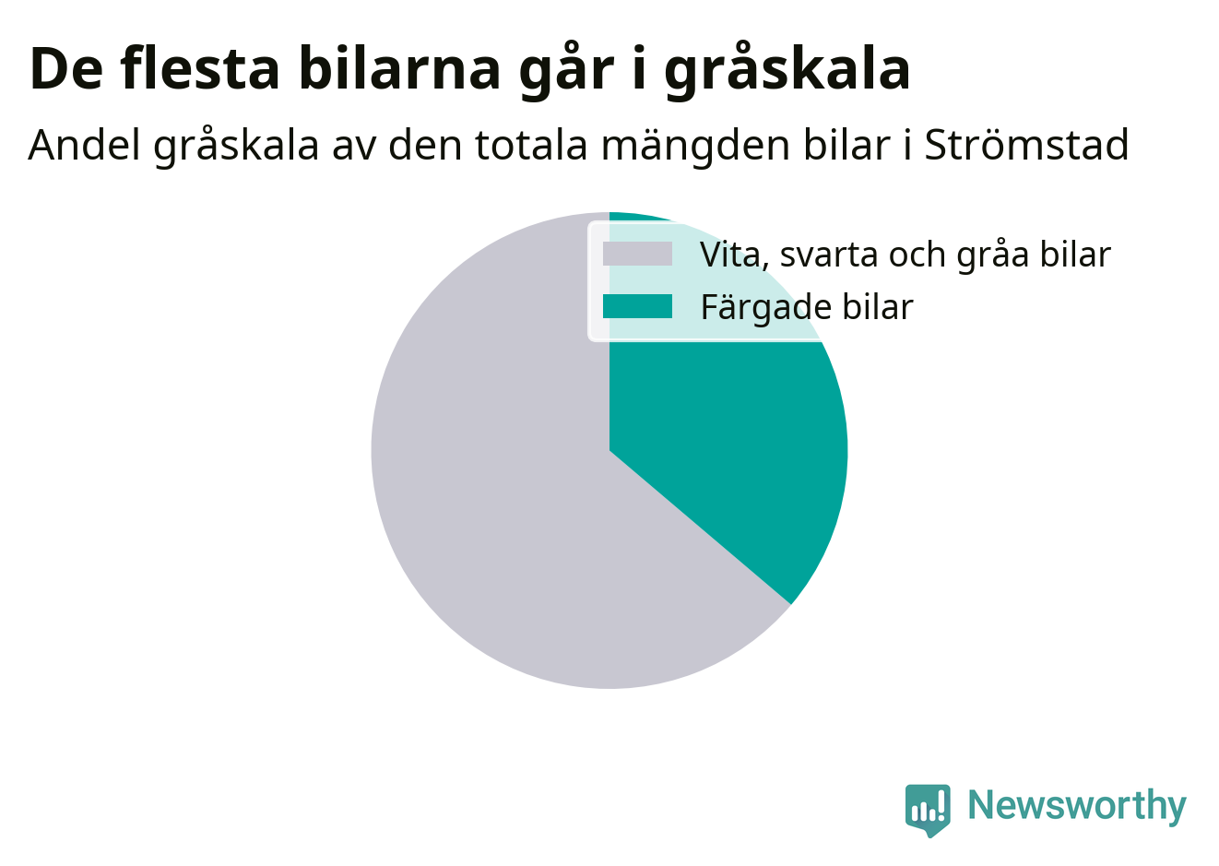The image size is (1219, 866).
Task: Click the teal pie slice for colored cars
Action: tap(729, 435)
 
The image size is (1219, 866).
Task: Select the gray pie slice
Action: tap(490, 490)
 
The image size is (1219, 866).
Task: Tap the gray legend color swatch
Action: tap(637, 254)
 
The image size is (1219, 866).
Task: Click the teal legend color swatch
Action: tap(637, 306)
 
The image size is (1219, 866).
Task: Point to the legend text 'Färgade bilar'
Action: tap(807, 307)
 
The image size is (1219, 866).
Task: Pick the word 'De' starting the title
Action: tap(66, 69)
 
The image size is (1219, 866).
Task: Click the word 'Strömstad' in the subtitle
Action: tap(1026, 145)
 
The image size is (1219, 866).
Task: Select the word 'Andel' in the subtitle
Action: tap(84, 145)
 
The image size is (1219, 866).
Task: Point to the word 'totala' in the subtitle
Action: tap(531, 146)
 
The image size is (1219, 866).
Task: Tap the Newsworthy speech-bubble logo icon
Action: tap(928, 810)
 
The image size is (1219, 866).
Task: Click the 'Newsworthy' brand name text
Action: tap(1077, 805)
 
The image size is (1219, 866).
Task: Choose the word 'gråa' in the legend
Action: tap(992, 255)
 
